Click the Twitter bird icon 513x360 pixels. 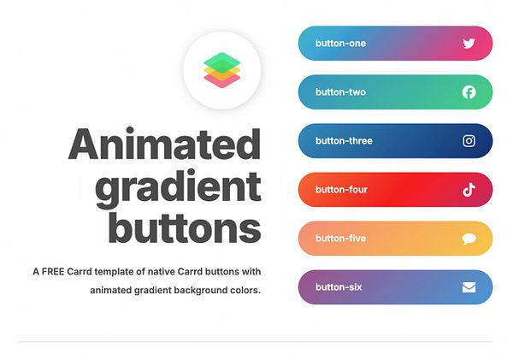[469, 44]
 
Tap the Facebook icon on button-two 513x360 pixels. [469, 92]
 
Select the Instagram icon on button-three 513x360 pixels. [469, 141]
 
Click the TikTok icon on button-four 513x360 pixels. [469, 190]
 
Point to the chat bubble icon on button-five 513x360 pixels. [469, 239]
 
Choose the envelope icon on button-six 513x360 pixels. [469, 287]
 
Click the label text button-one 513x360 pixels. [340, 44]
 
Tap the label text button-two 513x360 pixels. [340, 92]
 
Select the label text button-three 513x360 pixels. [344, 141]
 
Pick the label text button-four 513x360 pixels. [341, 190]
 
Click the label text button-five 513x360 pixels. [340, 239]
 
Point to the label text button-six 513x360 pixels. [339, 287]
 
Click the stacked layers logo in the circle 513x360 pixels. [222, 69]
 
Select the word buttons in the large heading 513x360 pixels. [185, 229]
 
